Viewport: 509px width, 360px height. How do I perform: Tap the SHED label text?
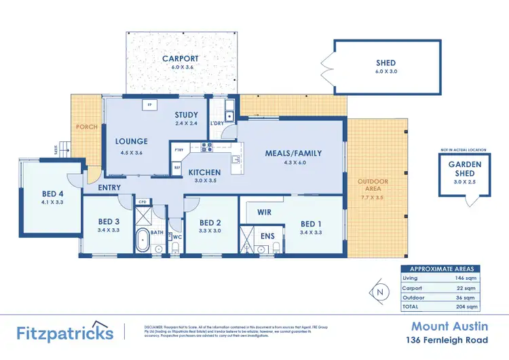pyautogui.click(x=385, y=63)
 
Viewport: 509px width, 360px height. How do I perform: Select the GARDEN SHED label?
pyautogui.click(x=465, y=168)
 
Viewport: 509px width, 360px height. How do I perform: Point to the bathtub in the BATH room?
pyautogui.click(x=143, y=241)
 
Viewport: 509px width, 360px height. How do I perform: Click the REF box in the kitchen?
pyautogui.click(x=178, y=166)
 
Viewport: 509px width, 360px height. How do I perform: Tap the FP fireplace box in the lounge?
pyautogui.click(x=151, y=105)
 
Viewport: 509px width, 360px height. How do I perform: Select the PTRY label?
pyautogui.click(x=179, y=149)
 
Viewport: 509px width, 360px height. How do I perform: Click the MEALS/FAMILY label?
pyautogui.click(x=293, y=154)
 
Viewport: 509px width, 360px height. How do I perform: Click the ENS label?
pyautogui.click(x=267, y=236)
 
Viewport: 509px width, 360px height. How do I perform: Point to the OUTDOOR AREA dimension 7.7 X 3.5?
pyautogui.click(x=373, y=198)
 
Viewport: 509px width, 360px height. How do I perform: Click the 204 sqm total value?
pyautogui.click(x=468, y=307)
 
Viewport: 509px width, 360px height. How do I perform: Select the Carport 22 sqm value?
pyautogui.click(x=468, y=287)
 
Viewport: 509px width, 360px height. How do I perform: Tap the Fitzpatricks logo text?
pyautogui.click(x=65, y=333)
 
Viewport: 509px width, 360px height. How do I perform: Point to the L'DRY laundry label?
pyautogui.click(x=217, y=123)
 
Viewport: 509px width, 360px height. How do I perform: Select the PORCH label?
pyautogui.click(x=86, y=127)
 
